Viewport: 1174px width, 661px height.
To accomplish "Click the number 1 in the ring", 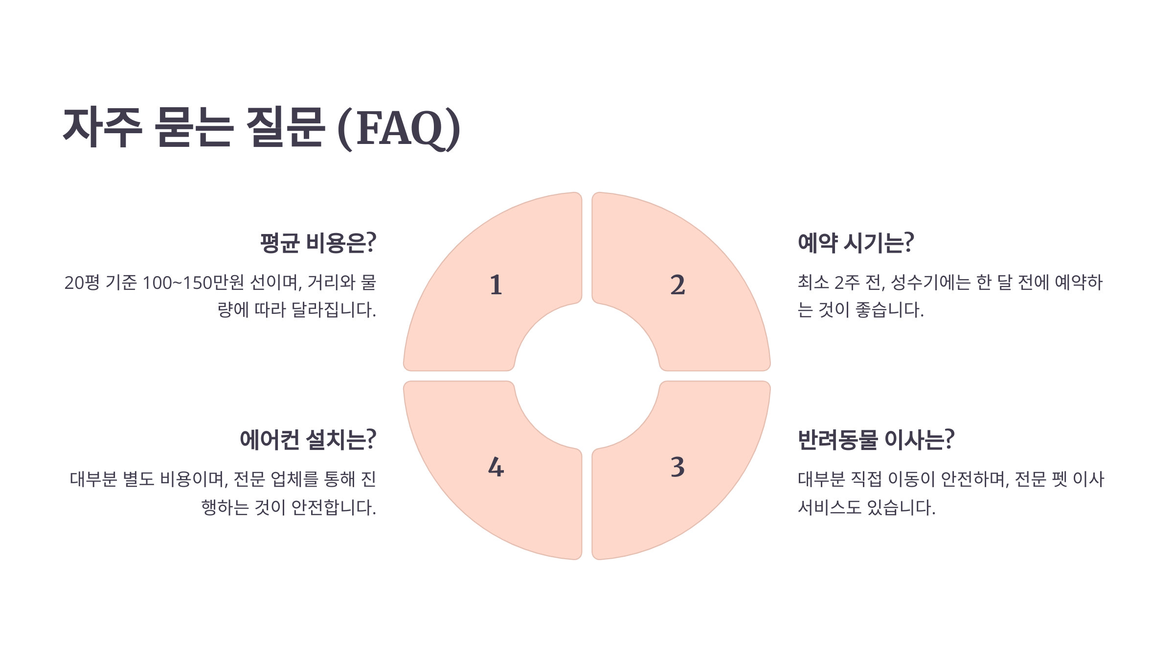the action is click(x=496, y=285).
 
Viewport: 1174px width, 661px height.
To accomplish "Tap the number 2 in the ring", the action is click(x=677, y=285).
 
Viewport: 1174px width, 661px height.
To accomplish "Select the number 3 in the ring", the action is click(x=677, y=467).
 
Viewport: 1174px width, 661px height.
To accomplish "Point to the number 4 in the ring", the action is click(x=496, y=467).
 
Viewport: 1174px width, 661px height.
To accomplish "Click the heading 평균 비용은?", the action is click(x=318, y=243).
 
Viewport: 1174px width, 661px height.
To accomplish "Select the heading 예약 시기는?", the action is click(x=856, y=243).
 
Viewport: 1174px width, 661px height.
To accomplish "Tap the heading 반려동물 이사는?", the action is click(x=876, y=440).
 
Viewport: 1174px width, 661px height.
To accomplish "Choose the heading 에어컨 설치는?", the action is click(x=308, y=440).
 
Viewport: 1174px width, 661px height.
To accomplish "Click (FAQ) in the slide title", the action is click(x=399, y=128).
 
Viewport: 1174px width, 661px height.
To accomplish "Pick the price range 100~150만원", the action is click(x=193, y=283).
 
